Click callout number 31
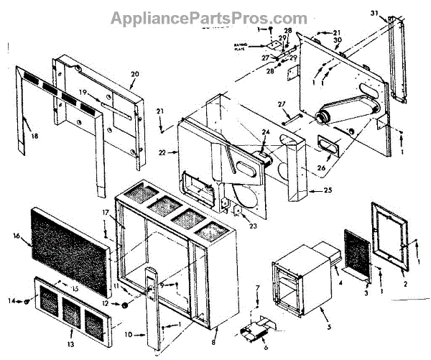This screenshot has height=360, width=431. tap(374, 13)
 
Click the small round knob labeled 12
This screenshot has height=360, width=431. tap(125, 304)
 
